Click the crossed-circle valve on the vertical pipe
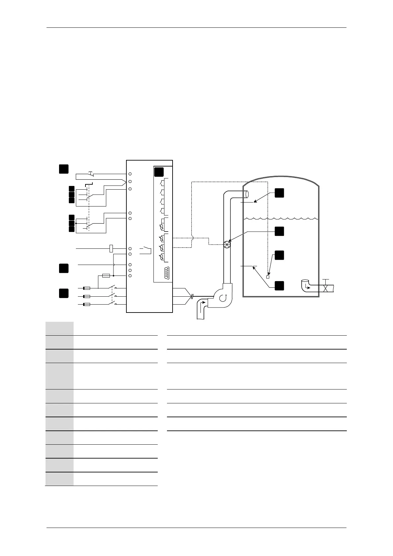tap(227, 244)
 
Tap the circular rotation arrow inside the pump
tap(223, 297)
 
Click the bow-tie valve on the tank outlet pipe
tap(326, 288)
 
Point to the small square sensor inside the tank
tap(268, 277)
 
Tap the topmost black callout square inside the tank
tap(279, 193)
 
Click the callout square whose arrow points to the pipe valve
tap(279, 231)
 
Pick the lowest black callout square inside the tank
tap(279, 285)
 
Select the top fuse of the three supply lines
tap(87, 288)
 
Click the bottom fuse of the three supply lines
tap(87, 304)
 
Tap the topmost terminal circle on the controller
tap(130, 174)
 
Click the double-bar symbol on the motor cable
tap(192, 296)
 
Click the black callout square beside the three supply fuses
tap(64, 293)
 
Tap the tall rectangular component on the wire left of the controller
tap(111, 248)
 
